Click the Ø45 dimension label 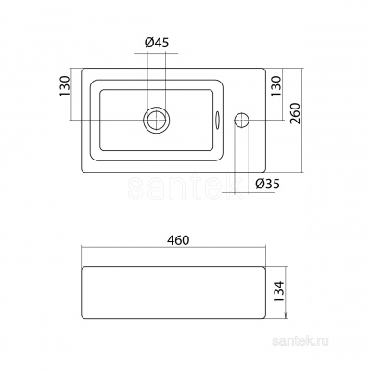pyautogui.click(x=157, y=43)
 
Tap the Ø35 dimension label pyautogui.click(x=267, y=185)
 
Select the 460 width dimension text pyautogui.click(x=179, y=240)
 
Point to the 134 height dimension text pyautogui.click(x=278, y=291)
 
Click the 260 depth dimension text pyautogui.click(x=296, y=113)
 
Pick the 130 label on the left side pyautogui.click(x=66, y=86)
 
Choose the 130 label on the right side pyautogui.click(x=277, y=86)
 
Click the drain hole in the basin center pyautogui.click(x=157, y=120)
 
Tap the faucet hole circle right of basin pyautogui.click(x=242, y=120)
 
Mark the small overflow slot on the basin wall pyautogui.click(x=217, y=120)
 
